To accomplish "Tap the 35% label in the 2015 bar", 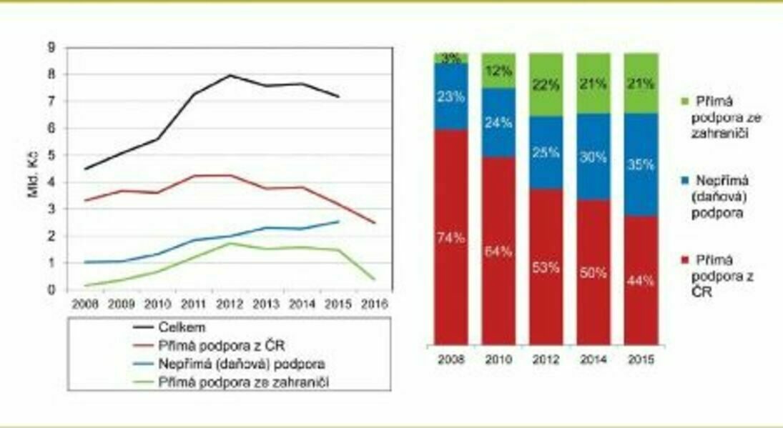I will tap(641, 164).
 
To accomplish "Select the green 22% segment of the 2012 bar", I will tap(546, 84).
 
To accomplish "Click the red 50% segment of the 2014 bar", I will tap(594, 272).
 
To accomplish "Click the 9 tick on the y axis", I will tap(51, 47).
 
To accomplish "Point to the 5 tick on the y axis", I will tap(51, 155).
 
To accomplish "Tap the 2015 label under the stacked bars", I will tap(641, 359).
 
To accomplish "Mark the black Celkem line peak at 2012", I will tap(229, 75).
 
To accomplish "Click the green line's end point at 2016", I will tap(374, 279).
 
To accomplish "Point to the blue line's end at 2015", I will tap(338, 222).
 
